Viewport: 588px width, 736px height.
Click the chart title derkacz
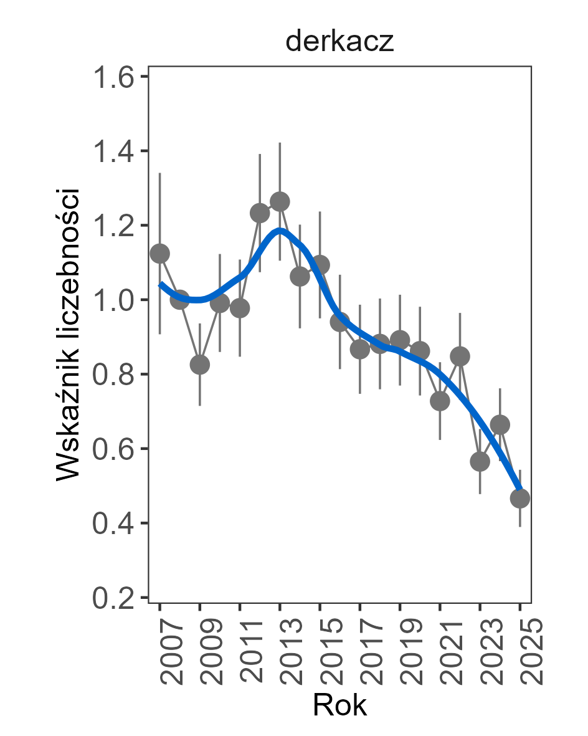tap(339, 42)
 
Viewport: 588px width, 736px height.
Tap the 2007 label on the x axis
tap(161, 651)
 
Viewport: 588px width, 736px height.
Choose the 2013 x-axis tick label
tap(280, 651)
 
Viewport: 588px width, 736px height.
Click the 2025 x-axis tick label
tap(521, 651)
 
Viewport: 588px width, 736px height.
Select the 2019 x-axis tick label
tap(401, 651)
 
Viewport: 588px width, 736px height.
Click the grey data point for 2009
tap(199, 365)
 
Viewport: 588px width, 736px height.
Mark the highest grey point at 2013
tap(280, 201)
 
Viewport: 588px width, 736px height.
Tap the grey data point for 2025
tap(519, 498)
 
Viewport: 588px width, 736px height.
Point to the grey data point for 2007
tap(159, 253)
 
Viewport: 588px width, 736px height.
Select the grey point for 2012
tap(260, 213)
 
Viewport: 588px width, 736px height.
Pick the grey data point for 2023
tap(480, 462)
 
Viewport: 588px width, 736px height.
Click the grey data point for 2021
tap(440, 401)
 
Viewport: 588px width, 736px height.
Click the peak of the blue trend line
tap(280, 232)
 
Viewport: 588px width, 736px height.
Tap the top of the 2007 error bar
tap(159, 173)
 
